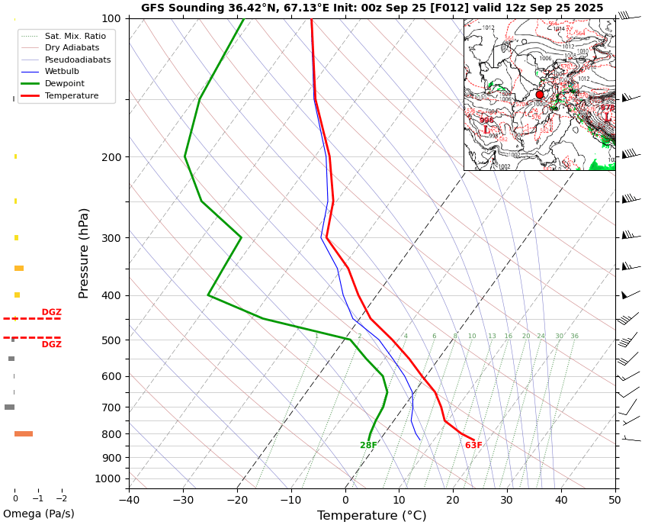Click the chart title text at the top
(372, 8)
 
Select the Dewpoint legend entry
(64, 83)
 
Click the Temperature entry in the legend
(71, 95)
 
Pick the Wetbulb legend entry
(61, 71)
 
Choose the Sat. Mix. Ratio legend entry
(75, 36)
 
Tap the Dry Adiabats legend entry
(72, 47)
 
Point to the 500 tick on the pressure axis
(111, 340)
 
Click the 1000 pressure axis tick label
(108, 479)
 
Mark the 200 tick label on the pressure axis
(111, 157)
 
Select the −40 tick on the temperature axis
(129, 501)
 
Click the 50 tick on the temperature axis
(615, 501)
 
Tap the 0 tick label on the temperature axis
(345, 501)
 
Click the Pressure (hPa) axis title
(84, 253)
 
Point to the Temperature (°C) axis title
(371, 516)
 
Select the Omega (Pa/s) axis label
(38, 514)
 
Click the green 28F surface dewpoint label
(368, 446)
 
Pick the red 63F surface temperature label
(473, 446)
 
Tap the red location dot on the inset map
(540, 95)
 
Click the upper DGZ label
(51, 312)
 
